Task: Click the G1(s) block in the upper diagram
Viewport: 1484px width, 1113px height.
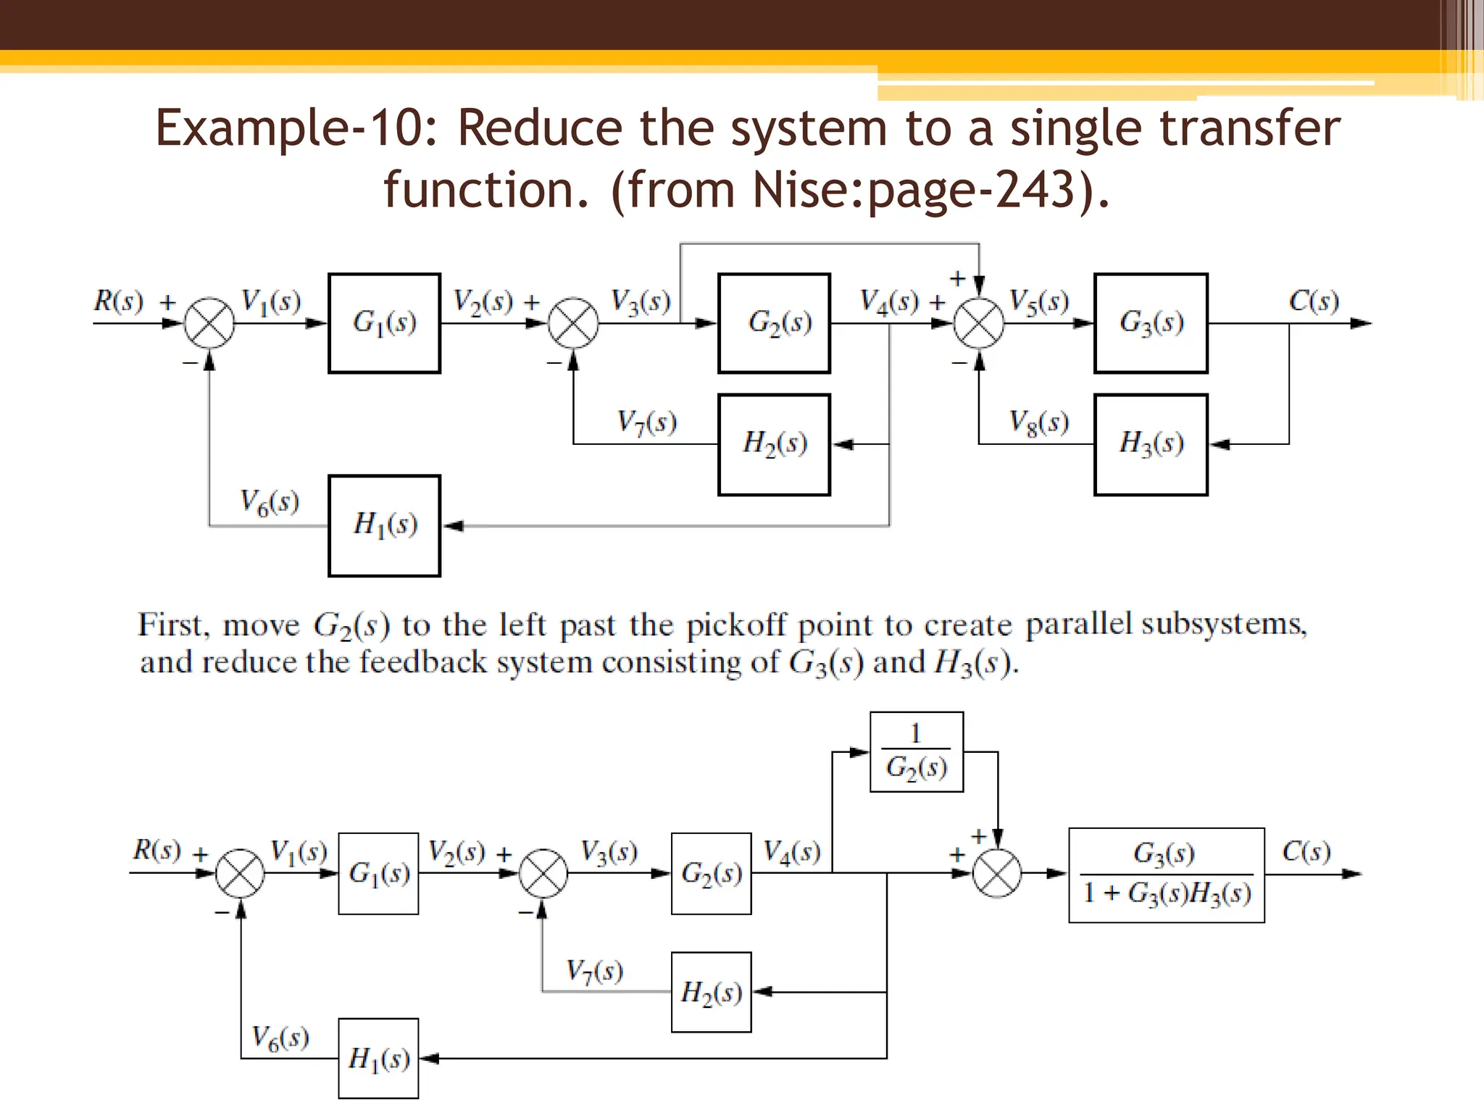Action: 384,323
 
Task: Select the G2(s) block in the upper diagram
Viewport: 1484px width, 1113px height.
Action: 774,323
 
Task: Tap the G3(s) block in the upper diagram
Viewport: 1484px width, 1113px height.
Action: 1151,323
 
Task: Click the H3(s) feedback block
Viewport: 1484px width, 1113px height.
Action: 1151,444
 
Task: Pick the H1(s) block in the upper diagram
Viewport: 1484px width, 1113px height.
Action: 384,525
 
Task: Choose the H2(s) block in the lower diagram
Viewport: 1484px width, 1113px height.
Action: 711,992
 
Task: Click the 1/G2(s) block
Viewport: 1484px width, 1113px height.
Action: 916,751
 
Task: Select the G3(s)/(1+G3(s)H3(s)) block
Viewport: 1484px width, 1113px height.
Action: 1167,875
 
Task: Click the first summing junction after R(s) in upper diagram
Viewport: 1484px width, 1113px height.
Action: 209,323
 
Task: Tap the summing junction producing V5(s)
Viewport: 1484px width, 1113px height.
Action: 979,323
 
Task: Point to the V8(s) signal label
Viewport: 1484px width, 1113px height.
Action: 1038,422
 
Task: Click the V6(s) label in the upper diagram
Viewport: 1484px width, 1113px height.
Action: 270,502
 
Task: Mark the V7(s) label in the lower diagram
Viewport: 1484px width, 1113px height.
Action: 594,971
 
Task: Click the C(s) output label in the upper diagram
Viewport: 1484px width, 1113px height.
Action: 1313,301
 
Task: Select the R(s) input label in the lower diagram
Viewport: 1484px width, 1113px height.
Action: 157,849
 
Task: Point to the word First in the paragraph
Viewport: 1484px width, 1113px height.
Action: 174,625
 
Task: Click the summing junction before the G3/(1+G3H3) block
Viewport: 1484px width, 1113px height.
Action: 997,873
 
